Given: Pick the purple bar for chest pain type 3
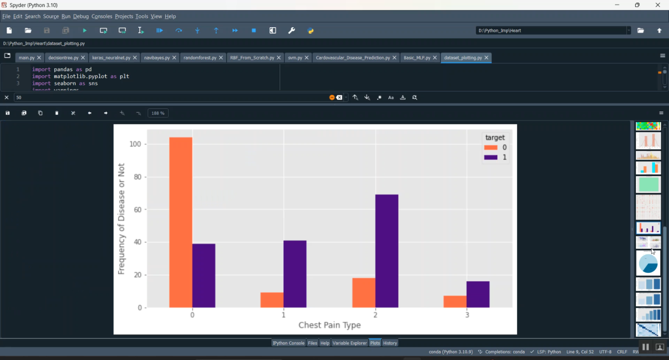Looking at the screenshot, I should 478,294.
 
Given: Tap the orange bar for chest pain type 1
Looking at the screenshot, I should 272,300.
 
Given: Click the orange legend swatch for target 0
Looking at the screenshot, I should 491,148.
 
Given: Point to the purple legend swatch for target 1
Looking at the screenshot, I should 491,157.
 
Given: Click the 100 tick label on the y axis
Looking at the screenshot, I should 135,144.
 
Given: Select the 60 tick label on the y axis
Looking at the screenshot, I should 137,210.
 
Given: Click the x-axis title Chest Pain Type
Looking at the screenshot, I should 330,325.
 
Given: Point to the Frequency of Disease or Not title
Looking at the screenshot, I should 121,219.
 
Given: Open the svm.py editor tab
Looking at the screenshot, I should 295,58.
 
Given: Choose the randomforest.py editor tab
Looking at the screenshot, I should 200,58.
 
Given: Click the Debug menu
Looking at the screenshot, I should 81,17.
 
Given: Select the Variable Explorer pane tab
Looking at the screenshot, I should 349,343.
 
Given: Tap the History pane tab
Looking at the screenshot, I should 390,343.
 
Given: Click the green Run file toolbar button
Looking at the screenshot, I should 85,30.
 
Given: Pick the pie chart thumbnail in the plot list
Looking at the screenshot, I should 648,264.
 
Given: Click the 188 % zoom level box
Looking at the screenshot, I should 158,113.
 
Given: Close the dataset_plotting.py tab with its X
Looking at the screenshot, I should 487,58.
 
